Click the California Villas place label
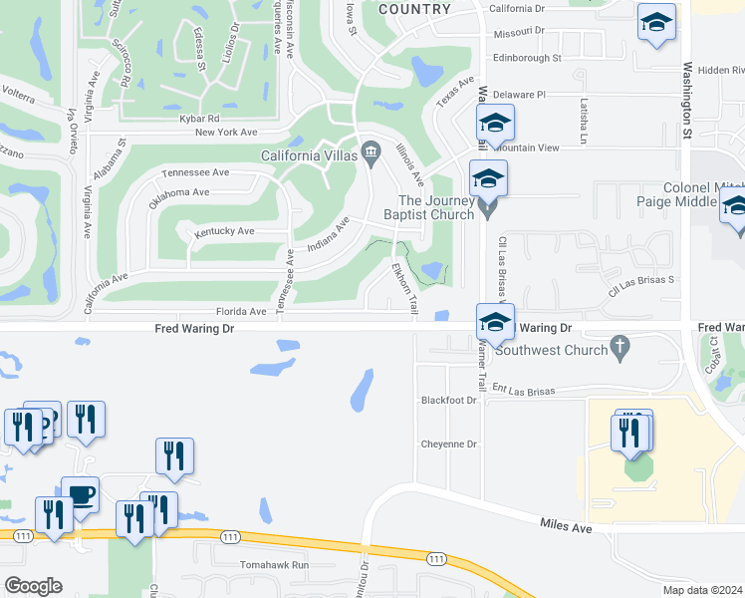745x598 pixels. tap(309, 155)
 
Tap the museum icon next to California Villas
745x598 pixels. tap(372, 151)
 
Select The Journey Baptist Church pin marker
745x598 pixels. tap(487, 207)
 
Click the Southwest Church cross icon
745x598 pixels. tap(620, 348)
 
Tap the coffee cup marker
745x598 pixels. tap(80, 494)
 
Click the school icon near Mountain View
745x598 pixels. tap(495, 123)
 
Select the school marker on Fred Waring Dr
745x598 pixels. tap(495, 321)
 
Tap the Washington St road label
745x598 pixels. tap(687, 100)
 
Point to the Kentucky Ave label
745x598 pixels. tap(224, 231)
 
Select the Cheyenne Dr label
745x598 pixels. tap(449, 445)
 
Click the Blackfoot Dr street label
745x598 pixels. tap(449, 401)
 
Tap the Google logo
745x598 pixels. tap(33, 585)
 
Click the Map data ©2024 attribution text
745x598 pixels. tap(702, 590)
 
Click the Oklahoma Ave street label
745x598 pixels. tap(179, 192)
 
